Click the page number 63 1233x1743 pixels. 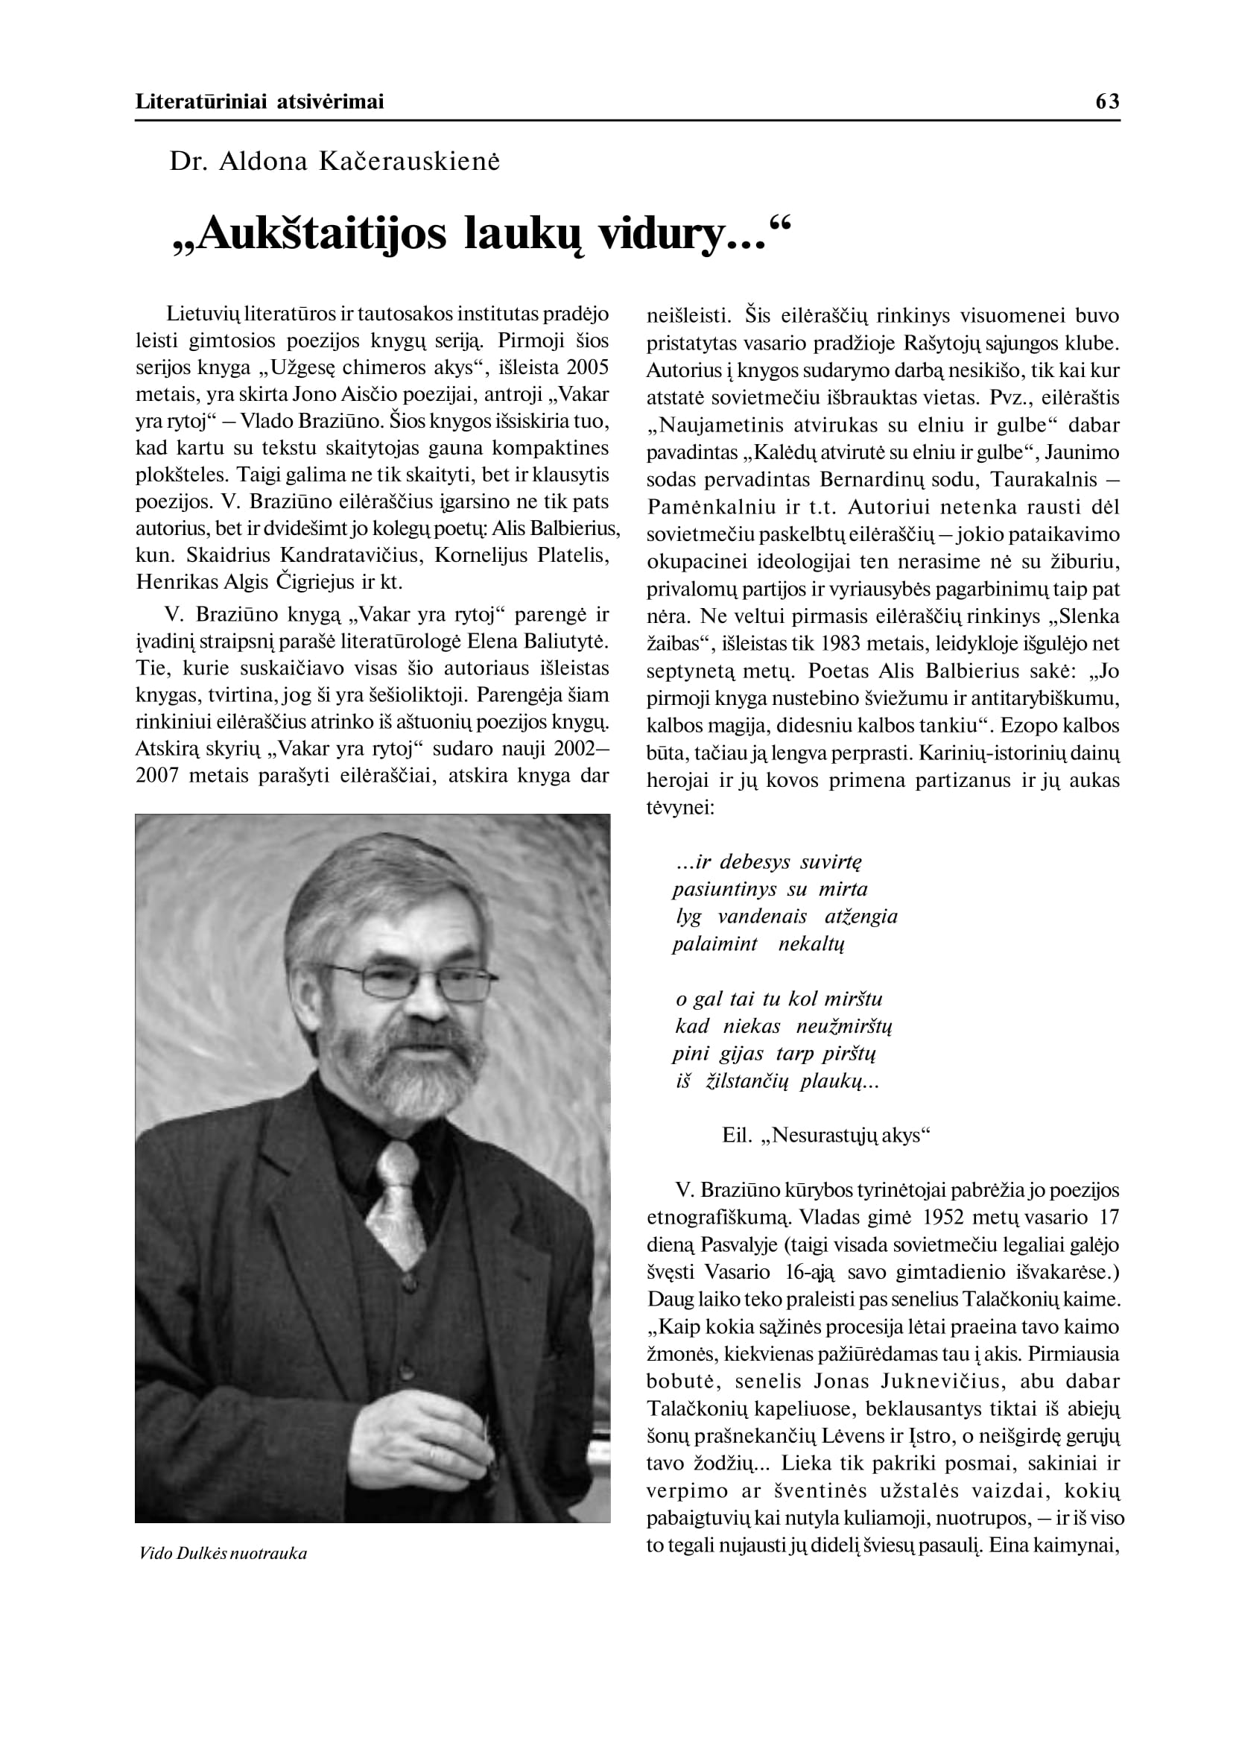click(x=1107, y=101)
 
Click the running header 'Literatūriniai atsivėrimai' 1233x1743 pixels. click(x=260, y=101)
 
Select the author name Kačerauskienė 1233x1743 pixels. click(x=409, y=161)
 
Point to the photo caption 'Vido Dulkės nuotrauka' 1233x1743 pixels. click(x=224, y=1553)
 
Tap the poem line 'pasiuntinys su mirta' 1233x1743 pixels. click(x=769, y=889)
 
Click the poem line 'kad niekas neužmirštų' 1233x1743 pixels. click(x=784, y=1027)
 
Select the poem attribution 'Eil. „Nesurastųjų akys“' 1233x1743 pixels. click(x=826, y=1136)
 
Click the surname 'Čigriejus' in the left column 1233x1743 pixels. click(x=316, y=583)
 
